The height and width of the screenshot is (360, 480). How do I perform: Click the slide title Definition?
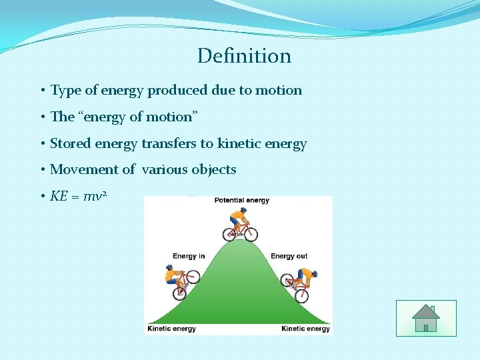(x=244, y=56)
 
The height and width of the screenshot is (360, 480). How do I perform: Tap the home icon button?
(x=425, y=318)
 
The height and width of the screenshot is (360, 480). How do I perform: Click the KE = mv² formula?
(x=79, y=197)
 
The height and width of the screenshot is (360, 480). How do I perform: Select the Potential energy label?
(x=241, y=201)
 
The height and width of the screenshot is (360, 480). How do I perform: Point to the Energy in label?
(x=189, y=256)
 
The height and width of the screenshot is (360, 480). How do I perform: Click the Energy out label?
(x=289, y=256)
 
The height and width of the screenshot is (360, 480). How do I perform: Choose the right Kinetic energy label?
(x=305, y=329)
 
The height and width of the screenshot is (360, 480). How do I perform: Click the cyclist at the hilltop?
(x=241, y=225)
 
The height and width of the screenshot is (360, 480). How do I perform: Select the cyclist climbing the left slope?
(x=179, y=281)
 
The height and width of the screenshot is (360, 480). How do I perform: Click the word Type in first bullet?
(x=65, y=91)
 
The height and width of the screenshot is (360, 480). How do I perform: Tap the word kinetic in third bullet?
(x=238, y=143)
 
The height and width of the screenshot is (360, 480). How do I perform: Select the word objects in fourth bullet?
(x=214, y=170)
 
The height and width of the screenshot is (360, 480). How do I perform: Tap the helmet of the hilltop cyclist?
(x=243, y=210)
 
